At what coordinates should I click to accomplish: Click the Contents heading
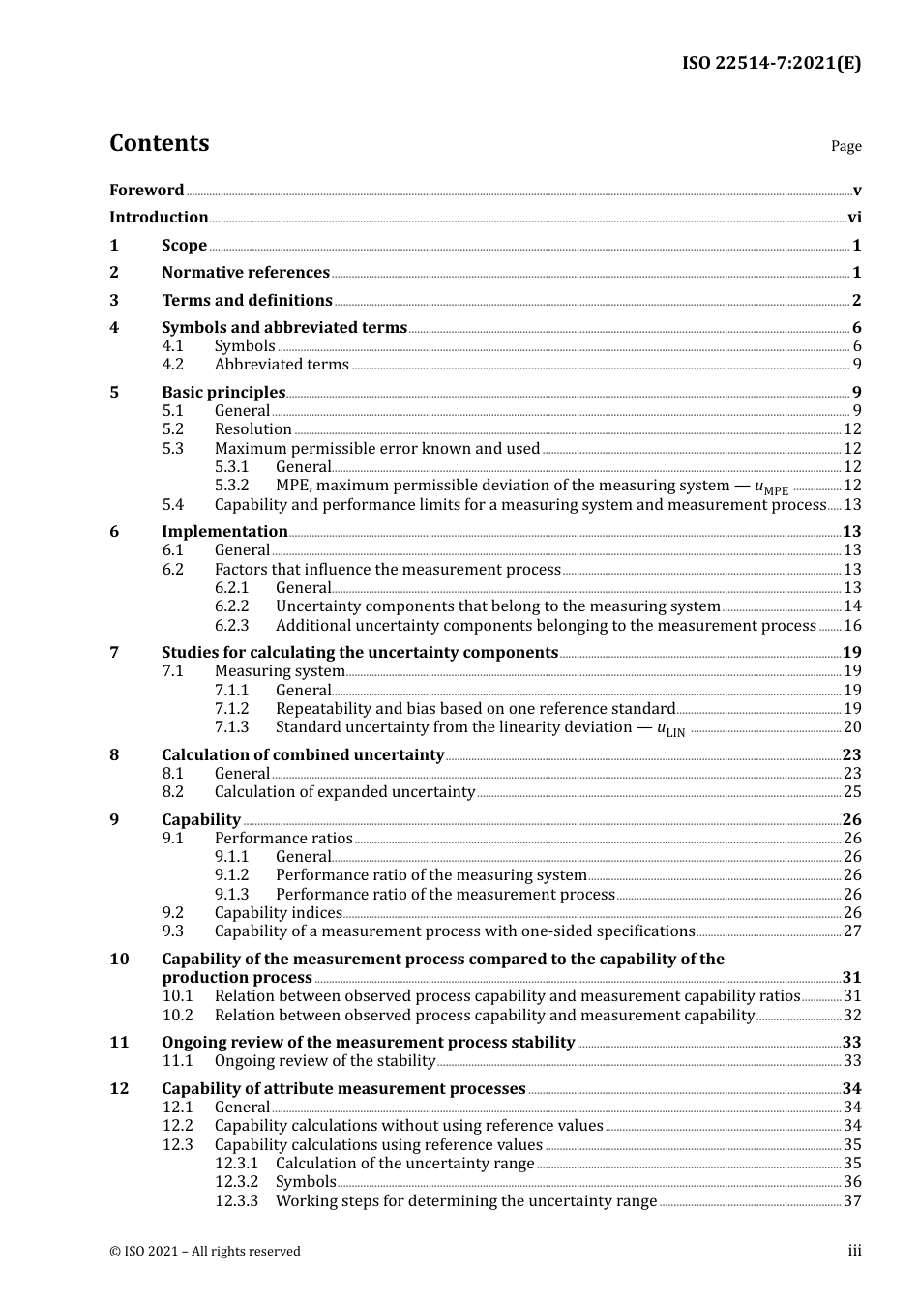click(159, 143)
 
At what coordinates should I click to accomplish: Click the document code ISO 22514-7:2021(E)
click(771, 63)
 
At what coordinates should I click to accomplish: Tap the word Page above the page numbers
click(845, 146)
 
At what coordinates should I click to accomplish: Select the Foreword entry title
click(146, 190)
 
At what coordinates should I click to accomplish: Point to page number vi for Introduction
click(854, 218)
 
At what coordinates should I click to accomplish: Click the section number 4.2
click(172, 365)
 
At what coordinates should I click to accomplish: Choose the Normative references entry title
click(246, 273)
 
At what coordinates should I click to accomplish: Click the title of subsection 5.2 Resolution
click(252, 429)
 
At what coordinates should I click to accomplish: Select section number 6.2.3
click(231, 626)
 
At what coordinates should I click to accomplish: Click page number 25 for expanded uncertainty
click(852, 792)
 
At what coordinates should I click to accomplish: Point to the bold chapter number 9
click(114, 820)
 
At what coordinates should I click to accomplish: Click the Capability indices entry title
click(278, 913)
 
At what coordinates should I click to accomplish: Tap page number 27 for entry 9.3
click(852, 931)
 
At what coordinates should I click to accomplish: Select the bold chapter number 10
click(119, 960)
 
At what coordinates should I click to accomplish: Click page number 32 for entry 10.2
click(852, 1016)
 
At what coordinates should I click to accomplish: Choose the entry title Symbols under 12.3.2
click(306, 1182)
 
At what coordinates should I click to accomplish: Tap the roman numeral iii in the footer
click(854, 1251)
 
